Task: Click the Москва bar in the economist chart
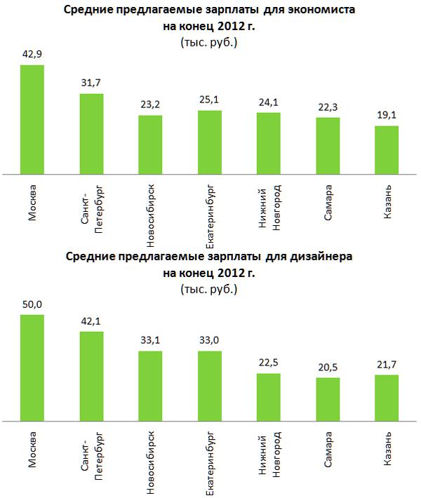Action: pyautogui.click(x=32, y=119)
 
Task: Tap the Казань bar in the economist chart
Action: pyautogui.click(x=387, y=149)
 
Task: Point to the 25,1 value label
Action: pyautogui.click(x=209, y=101)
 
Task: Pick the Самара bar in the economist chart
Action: pyautogui.click(x=328, y=145)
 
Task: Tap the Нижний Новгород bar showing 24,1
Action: pyautogui.click(x=269, y=142)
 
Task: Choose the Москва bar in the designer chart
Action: pyautogui.click(x=32, y=368)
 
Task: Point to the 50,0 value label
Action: pyautogui.click(x=32, y=305)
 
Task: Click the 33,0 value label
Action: pyautogui.click(x=209, y=342)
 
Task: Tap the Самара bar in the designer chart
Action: pyautogui.click(x=328, y=400)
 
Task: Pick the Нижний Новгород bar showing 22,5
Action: pyautogui.click(x=269, y=398)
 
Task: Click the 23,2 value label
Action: pyautogui.click(x=150, y=105)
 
